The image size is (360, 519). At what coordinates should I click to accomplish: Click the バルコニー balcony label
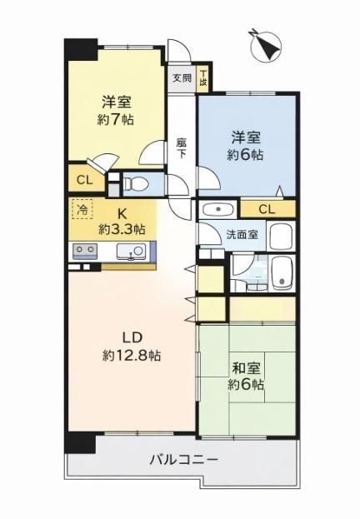(184, 458)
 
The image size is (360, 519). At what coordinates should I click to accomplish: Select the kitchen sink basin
(130, 250)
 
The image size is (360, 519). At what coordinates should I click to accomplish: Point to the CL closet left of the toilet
(84, 180)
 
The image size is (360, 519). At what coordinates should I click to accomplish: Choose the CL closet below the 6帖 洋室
(267, 209)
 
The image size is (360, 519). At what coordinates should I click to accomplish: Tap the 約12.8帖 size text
(132, 356)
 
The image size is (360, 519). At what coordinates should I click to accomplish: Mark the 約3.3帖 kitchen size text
(122, 228)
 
